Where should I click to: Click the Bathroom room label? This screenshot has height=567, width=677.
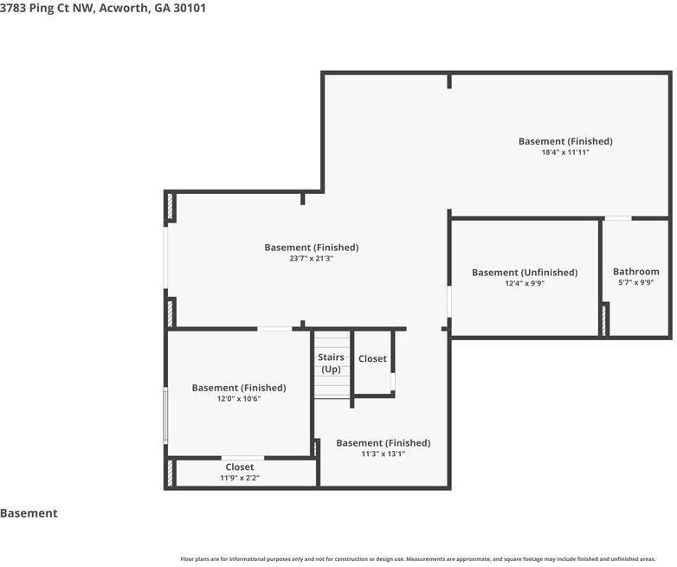636,272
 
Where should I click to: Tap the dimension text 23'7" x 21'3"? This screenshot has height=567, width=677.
312,259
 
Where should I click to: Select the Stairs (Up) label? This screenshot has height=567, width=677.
332,364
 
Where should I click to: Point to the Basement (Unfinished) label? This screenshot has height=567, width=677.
525,273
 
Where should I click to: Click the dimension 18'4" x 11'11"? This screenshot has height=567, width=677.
565,152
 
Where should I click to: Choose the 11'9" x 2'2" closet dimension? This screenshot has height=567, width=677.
240,478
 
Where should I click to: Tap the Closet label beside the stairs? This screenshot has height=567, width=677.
372,359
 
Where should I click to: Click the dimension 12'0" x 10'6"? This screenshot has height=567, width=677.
239,398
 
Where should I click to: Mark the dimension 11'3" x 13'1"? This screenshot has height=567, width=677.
383,454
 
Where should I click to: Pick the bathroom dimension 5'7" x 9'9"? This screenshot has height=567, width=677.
636,282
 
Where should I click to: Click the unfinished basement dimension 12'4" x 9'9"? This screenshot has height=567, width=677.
525,283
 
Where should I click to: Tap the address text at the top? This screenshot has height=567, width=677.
103,8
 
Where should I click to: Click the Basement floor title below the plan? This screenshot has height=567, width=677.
29,513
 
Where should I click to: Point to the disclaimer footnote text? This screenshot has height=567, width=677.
418,559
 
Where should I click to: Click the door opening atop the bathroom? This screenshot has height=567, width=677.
618,218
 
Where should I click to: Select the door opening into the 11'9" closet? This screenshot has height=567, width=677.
243,458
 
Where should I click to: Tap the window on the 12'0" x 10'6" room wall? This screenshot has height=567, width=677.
165,415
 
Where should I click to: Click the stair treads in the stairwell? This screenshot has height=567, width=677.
332,364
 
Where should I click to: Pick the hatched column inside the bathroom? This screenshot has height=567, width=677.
605,319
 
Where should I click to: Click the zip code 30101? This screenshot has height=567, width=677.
190,8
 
